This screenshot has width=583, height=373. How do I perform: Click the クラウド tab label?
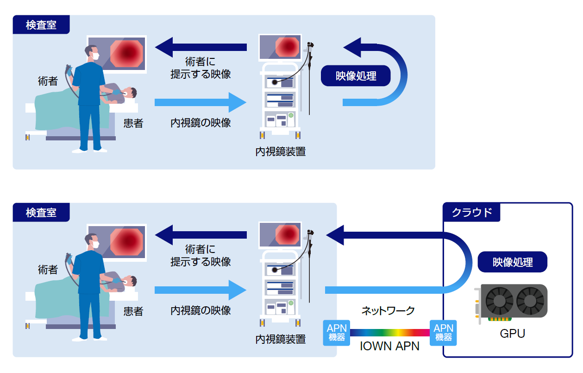(x=471, y=213)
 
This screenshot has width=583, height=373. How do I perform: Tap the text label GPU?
(x=513, y=333)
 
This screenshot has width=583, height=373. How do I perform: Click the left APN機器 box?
(x=337, y=333)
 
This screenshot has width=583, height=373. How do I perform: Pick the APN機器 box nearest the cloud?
(x=443, y=333)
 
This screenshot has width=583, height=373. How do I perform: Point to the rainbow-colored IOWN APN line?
(x=390, y=333)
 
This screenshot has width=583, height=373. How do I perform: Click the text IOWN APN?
(x=390, y=346)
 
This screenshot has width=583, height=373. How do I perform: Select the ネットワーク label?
(x=388, y=310)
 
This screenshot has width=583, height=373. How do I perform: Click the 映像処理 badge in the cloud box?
(x=513, y=262)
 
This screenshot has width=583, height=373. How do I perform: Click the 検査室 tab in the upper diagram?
(x=41, y=25)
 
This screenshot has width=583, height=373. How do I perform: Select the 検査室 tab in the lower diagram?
(x=41, y=212)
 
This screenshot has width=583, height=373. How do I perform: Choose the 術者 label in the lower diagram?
(x=48, y=270)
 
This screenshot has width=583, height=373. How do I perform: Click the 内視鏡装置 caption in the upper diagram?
(x=281, y=152)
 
